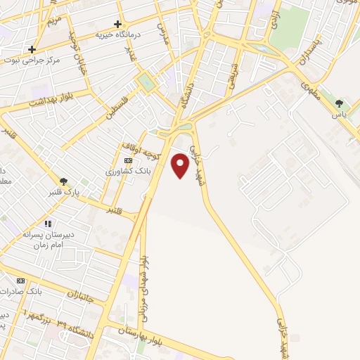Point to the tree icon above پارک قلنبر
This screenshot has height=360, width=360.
click(x=63, y=181)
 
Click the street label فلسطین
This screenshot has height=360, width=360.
click(x=119, y=109)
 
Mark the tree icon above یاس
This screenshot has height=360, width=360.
click(x=340, y=103)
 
